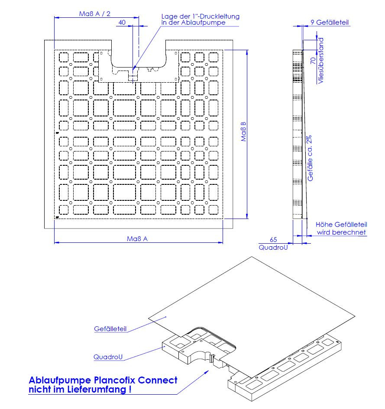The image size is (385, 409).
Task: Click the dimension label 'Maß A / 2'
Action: [x=95, y=13]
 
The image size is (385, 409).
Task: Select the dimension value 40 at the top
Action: [x=122, y=23]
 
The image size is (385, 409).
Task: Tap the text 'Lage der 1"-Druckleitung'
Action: [x=200, y=16]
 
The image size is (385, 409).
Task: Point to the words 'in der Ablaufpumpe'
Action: [x=193, y=23]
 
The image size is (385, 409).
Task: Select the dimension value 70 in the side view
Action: [x=313, y=61]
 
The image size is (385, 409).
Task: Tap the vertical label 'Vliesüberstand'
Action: [x=321, y=61]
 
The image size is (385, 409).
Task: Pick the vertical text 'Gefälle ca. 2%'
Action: [x=310, y=158]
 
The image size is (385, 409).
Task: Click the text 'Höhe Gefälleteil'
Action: [x=341, y=225]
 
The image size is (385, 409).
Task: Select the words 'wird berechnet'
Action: [x=341, y=232]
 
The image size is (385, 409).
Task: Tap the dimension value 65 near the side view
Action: [x=273, y=239]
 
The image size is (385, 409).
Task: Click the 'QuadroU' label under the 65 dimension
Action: [x=273, y=248]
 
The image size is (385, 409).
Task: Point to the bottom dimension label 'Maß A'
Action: [x=138, y=239]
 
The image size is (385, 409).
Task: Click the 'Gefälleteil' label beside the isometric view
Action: [x=110, y=329]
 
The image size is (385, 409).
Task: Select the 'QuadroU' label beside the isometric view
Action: [x=108, y=357]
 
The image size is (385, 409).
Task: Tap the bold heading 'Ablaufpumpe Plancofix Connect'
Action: [x=103, y=380]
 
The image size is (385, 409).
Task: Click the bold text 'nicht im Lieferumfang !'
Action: [x=80, y=389]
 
